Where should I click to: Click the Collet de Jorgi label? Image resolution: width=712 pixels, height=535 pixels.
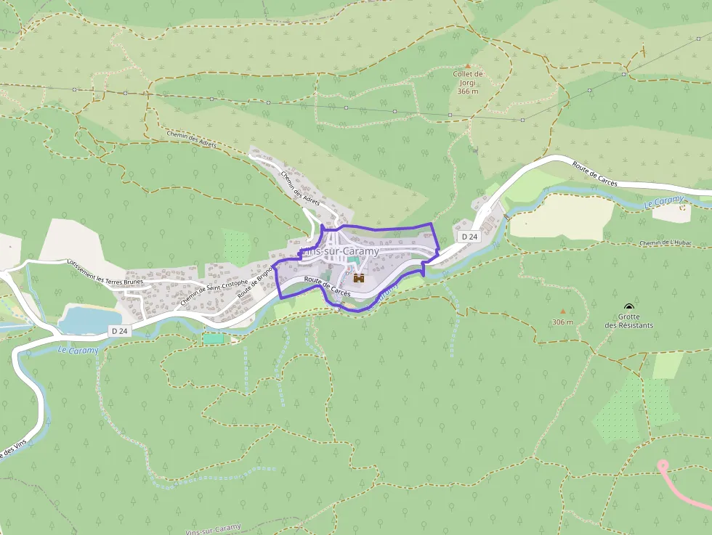468,78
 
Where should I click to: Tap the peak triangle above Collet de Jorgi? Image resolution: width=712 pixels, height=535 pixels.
468,66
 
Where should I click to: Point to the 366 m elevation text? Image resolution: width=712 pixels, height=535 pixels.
468,91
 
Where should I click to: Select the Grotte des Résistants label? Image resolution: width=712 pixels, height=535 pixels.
628,321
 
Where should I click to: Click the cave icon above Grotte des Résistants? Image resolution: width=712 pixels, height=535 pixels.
628,308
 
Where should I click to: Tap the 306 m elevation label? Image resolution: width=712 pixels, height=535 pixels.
562,322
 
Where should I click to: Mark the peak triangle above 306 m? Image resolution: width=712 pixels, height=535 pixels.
562,311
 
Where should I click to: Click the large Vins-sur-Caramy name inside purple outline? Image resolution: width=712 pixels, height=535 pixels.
340,251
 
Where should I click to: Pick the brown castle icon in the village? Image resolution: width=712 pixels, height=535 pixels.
358,277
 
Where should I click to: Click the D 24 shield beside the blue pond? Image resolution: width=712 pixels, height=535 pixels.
120,330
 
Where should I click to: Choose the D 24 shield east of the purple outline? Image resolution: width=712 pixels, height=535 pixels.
469,237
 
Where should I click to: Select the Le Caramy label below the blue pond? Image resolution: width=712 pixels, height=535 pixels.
77,350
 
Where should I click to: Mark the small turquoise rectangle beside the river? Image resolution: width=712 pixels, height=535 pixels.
214,338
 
